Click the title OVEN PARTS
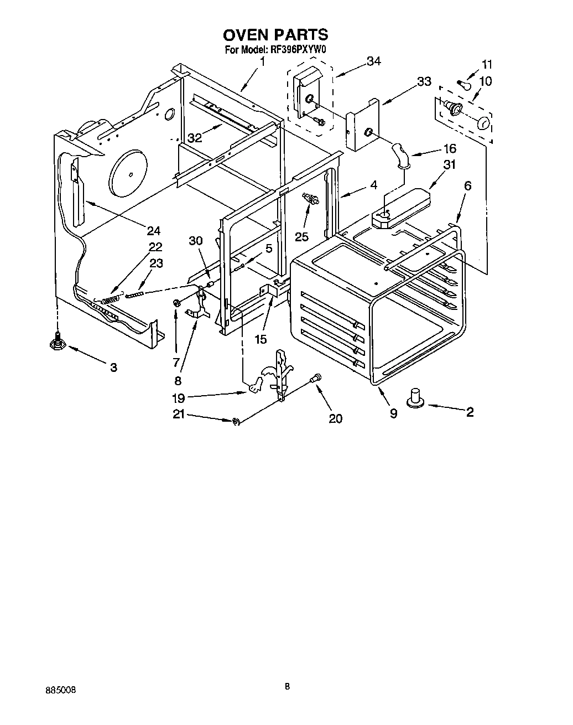(x=275, y=35)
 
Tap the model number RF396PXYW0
(x=299, y=50)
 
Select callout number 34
(x=374, y=61)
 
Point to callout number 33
(x=424, y=81)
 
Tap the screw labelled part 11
(x=463, y=83)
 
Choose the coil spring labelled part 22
(x=111, y=299)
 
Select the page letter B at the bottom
(x=287, y=687)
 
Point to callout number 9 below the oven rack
(x=393, y=413)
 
